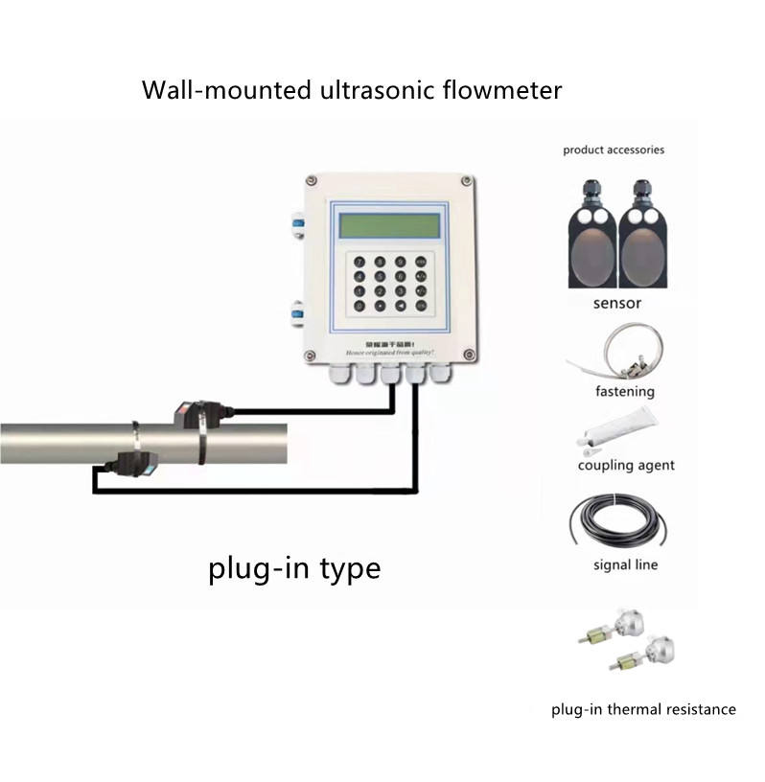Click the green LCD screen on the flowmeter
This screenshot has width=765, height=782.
(389, 226)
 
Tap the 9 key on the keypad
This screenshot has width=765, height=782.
(400, 260)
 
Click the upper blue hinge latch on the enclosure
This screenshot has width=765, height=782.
(298, 226)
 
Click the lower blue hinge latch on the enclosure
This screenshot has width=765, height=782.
(298, 311)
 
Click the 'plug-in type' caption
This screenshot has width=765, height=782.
(294, 568)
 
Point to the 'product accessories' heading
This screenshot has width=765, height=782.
(614, 149)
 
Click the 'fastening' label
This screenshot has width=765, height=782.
(625, 391)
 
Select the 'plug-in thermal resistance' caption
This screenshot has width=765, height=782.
(643, 710)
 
